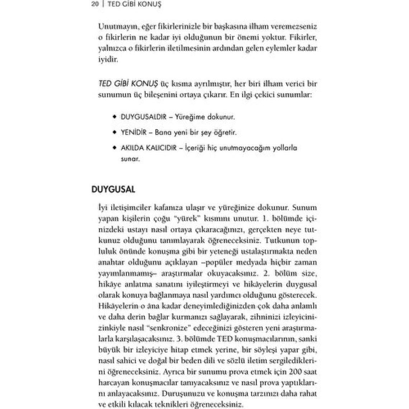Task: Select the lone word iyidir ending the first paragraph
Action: point(108,60)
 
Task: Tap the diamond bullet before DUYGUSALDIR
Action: point(114,117)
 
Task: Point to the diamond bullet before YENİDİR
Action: point(114,132)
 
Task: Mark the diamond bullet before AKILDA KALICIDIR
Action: point(114,148)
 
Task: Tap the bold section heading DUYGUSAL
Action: point(113,190)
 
